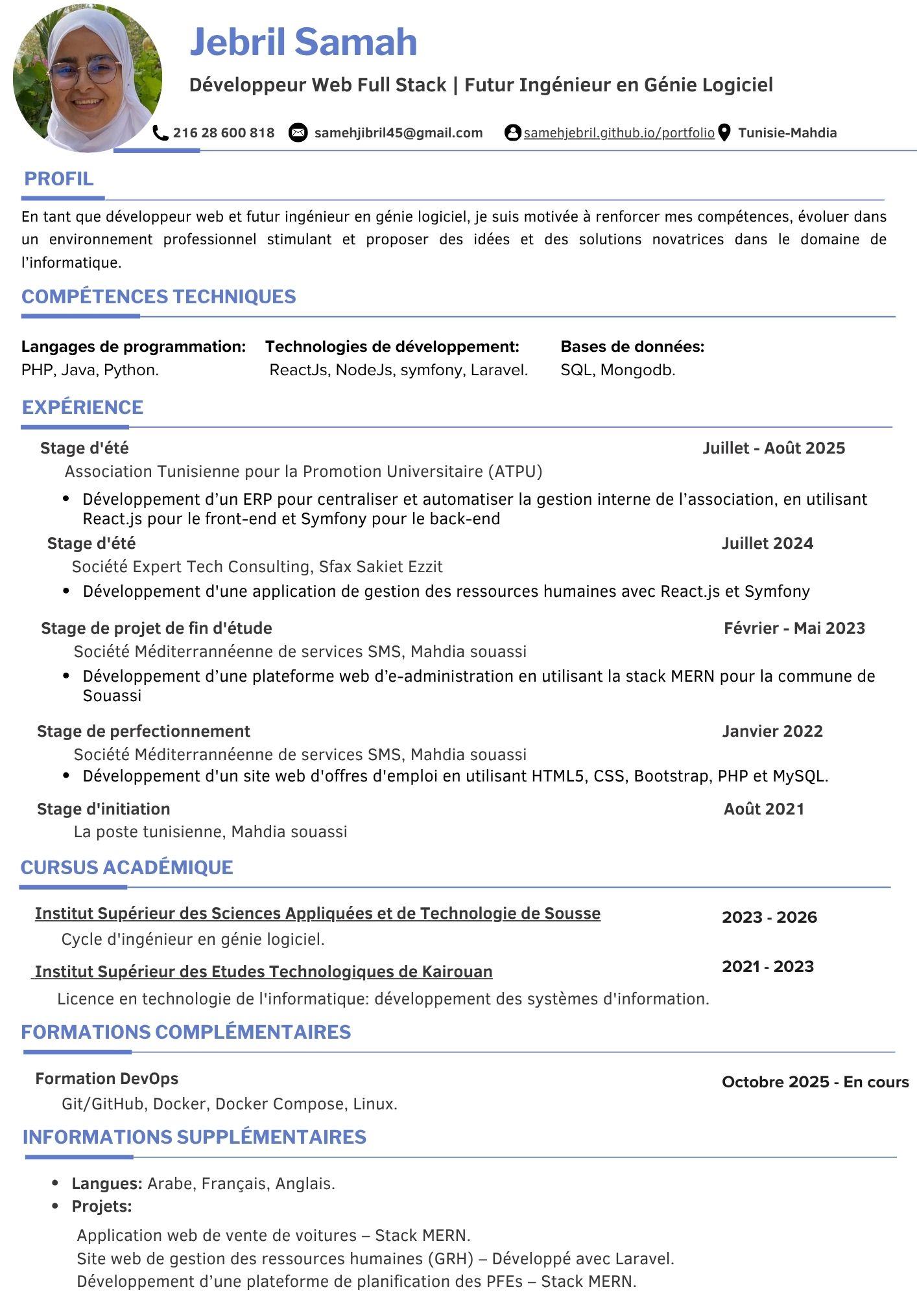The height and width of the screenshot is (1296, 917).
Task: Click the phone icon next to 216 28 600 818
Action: [x=160, y=133]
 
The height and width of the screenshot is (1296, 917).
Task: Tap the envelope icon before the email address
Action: [x=298, y=133]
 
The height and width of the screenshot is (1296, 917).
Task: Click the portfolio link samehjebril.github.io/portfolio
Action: [x=619, y=133]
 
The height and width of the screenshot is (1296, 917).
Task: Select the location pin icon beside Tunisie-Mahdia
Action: [x=725, y=133]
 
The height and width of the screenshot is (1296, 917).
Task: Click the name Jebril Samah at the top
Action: [x=303, y=42]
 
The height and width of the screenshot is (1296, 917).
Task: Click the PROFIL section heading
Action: [x=58, y=179]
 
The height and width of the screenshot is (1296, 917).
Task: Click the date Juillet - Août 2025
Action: [x=774, y=448]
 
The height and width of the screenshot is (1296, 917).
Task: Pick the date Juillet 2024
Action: [x=767, y=544]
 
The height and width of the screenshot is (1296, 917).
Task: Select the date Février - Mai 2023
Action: [x=794, y=629]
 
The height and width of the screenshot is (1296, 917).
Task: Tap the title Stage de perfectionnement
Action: [x=143, y=732]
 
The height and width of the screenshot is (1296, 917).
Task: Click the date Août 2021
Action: [x=764, y=809]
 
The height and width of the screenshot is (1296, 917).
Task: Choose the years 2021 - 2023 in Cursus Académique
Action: [x=768, y=967]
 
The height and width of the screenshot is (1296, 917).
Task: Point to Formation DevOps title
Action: [x=107, y=1079]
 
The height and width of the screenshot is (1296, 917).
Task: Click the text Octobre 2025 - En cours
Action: [x=815, y=1082]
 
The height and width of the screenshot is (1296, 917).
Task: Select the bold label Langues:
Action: [x=107, y=1184]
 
